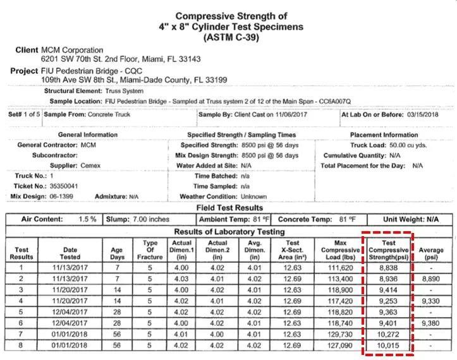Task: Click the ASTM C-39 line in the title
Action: coord(231,38)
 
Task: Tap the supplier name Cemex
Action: coord(92,165)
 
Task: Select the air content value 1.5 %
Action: coord(88,219)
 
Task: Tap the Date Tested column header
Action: coord(70,254)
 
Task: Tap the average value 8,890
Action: coord(430,278)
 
